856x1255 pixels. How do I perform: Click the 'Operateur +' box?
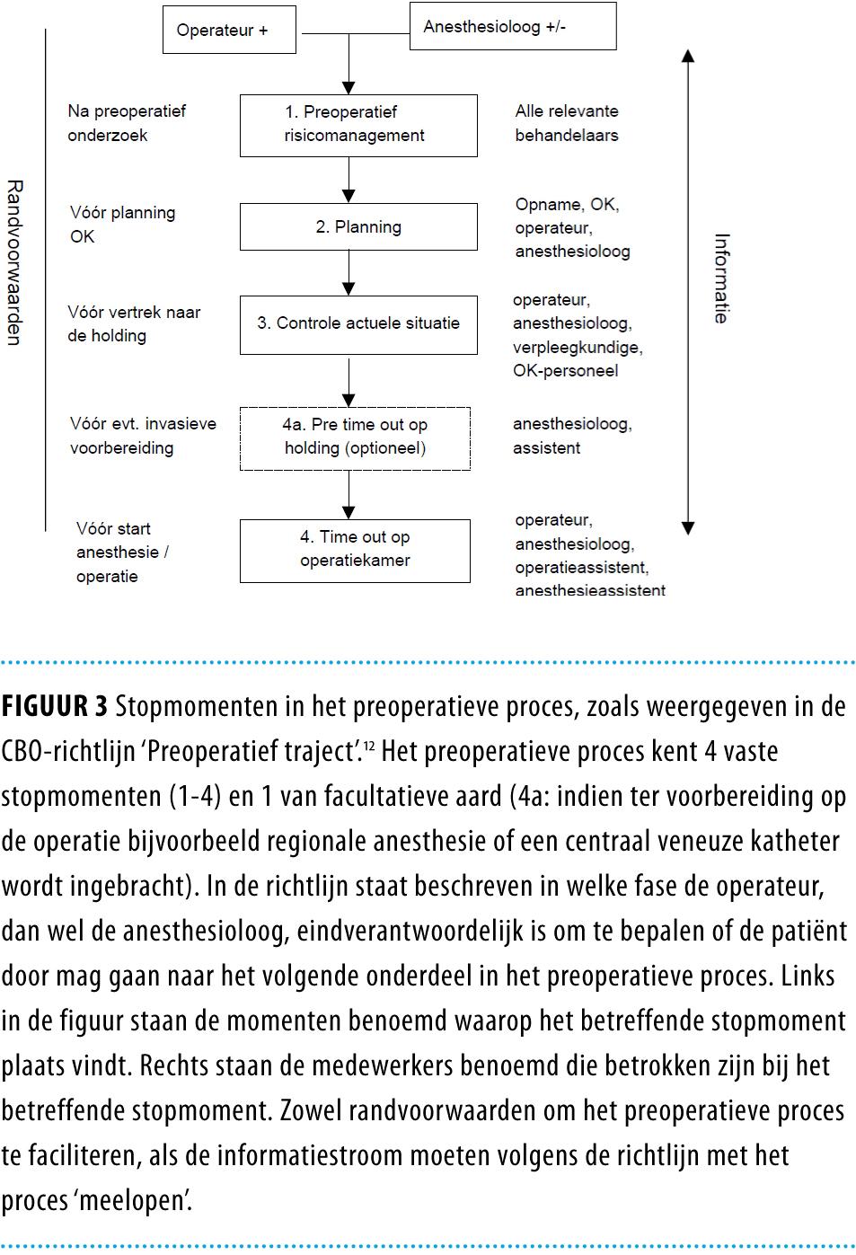click(x=229, y=30)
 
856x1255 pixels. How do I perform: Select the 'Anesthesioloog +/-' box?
click(x=513, y=26)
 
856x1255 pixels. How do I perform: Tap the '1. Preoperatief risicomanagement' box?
click(x=357, y=125)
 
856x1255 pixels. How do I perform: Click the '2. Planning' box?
click(x=357, y=226)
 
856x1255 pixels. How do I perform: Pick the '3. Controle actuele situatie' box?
click(x=357, y=323)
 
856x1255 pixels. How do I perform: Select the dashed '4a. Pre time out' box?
click(x=355, y=437)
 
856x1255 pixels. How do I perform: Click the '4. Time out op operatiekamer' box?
click(x=355, y=550)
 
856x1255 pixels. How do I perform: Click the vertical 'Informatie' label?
click(x=721, y=278)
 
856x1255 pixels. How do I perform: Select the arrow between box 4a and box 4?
click(x=349, y=494)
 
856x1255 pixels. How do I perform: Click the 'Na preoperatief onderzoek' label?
click(x=127, y=123)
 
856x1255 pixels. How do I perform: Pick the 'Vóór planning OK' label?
click(x=122, y=225)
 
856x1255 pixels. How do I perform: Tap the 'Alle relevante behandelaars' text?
click(x=567, y=123)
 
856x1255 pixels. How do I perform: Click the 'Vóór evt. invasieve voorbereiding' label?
click(x=143, y=436)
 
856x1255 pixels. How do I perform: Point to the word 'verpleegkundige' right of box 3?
click(x=578, y=347)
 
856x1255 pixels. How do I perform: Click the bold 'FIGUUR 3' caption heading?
click(x=55, y=707)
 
